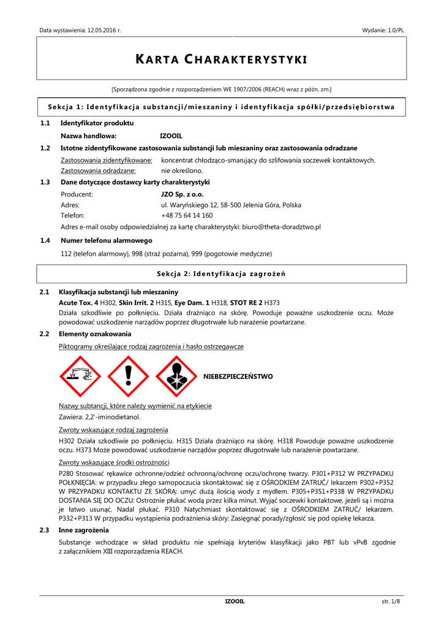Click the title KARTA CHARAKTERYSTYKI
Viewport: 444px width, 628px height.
click(221, 59)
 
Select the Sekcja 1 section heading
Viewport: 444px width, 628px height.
click(221, 107)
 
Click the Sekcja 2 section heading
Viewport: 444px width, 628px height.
click(221, 273)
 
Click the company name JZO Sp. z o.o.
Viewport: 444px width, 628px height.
click(182, 193)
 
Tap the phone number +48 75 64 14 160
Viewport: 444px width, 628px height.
click(187, 215)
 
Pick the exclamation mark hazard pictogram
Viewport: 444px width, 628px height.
click(128, 377)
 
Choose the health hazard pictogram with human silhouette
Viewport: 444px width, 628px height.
click(176, 377)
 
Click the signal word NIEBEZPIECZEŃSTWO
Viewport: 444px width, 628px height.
click(238, 376)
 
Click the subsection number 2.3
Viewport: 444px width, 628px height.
click(44, 530)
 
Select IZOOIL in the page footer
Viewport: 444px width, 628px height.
click(235, 602)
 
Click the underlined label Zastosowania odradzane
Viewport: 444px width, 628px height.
click(98, 170)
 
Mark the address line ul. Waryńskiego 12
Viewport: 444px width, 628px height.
click(231, 205)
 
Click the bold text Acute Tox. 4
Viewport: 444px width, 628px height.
click(78, 302)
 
